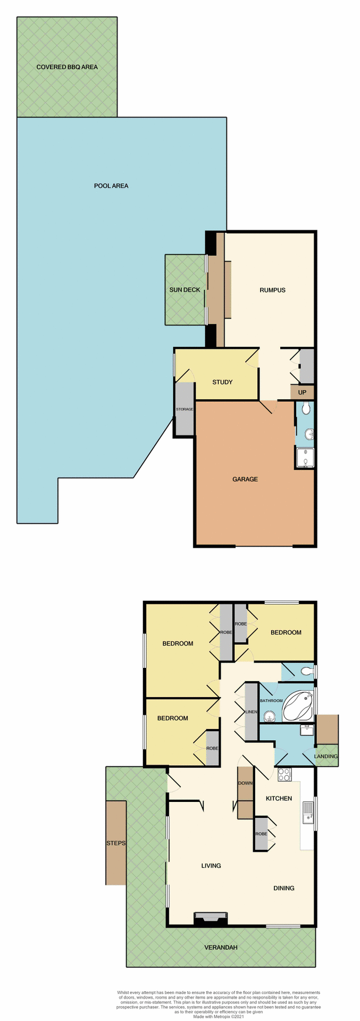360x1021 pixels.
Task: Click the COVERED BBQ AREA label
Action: pyautogui.click(x=67, y=67)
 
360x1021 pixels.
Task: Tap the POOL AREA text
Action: pyautogui.click(x=111, y=186)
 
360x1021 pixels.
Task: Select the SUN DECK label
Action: pyautogui.click(x=185, y=290)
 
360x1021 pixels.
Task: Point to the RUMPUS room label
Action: pyautogui.click(x=272, y=290)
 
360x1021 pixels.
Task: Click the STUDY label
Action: pyautogui.click(x=222, y=382)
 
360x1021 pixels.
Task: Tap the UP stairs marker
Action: pyautogui.click(x=302, y=392)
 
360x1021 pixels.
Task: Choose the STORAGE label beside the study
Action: pyautogui.click(x=185, y=409)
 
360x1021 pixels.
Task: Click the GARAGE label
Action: pyautogui.click(x=245, y=479)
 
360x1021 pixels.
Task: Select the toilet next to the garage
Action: pyautogui.click(x=305, y=408)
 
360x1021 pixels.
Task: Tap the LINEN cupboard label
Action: pyautogui.click(x=251, y=712)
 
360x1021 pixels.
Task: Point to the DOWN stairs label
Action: pyautogui.click(x=245, y=783)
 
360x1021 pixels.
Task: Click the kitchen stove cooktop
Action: pyautogui.click(x=284, y=775)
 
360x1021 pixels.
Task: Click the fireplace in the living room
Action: pyautogui.click(x=211, y=918)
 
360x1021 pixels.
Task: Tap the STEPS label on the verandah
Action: pyautogui.click(x=116, y=843)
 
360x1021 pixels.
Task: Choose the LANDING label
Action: pyautogui.click(x=326, y=756)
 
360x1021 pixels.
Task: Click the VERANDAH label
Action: pyautogui.click(x=221, y=947)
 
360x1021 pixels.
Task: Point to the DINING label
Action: pyautogui.click(x=283, y=888)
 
